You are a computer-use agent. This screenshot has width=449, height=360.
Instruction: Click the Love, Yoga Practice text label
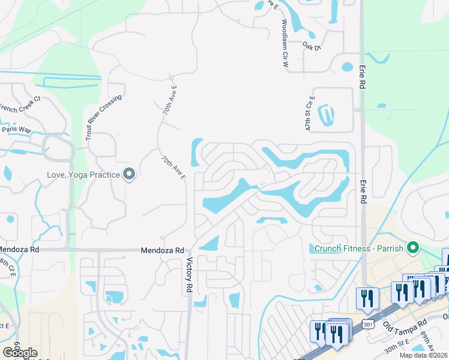click(x=83, y=175)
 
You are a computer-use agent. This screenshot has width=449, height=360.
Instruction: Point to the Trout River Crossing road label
click(x=95, y=118)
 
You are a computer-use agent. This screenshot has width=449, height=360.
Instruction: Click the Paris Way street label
click(x=16, y=129)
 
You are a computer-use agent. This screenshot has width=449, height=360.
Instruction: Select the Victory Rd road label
click(x=189, y=275)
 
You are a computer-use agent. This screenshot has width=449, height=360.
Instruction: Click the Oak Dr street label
click(x=312, y=46)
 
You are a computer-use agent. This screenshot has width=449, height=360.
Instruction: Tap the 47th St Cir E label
click(x=310, y=113)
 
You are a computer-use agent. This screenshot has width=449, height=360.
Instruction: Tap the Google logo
click(x=20, y=353)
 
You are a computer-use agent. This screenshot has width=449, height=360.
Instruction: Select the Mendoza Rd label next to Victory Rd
click(x=163, y=250)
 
